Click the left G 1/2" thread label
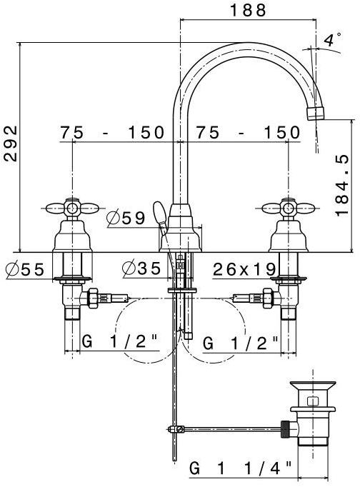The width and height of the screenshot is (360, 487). [119, 343]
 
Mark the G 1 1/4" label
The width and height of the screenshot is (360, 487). [241, 469]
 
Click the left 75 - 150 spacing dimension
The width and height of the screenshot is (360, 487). [113, 133]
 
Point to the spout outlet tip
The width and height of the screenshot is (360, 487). [315, 114]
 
